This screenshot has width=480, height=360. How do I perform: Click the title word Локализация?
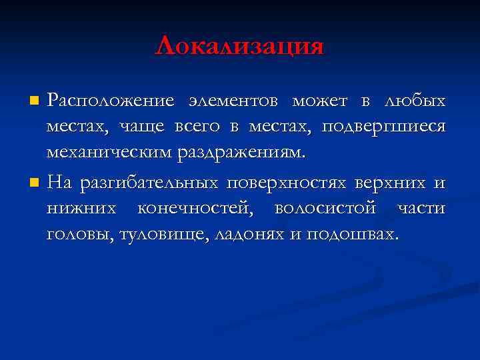239,46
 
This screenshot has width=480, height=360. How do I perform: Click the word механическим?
109,153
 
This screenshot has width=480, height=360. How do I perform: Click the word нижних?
79,209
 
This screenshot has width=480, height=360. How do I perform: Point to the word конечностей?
198,209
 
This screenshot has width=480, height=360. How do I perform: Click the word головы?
78,234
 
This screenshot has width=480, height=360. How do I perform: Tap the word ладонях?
245,234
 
